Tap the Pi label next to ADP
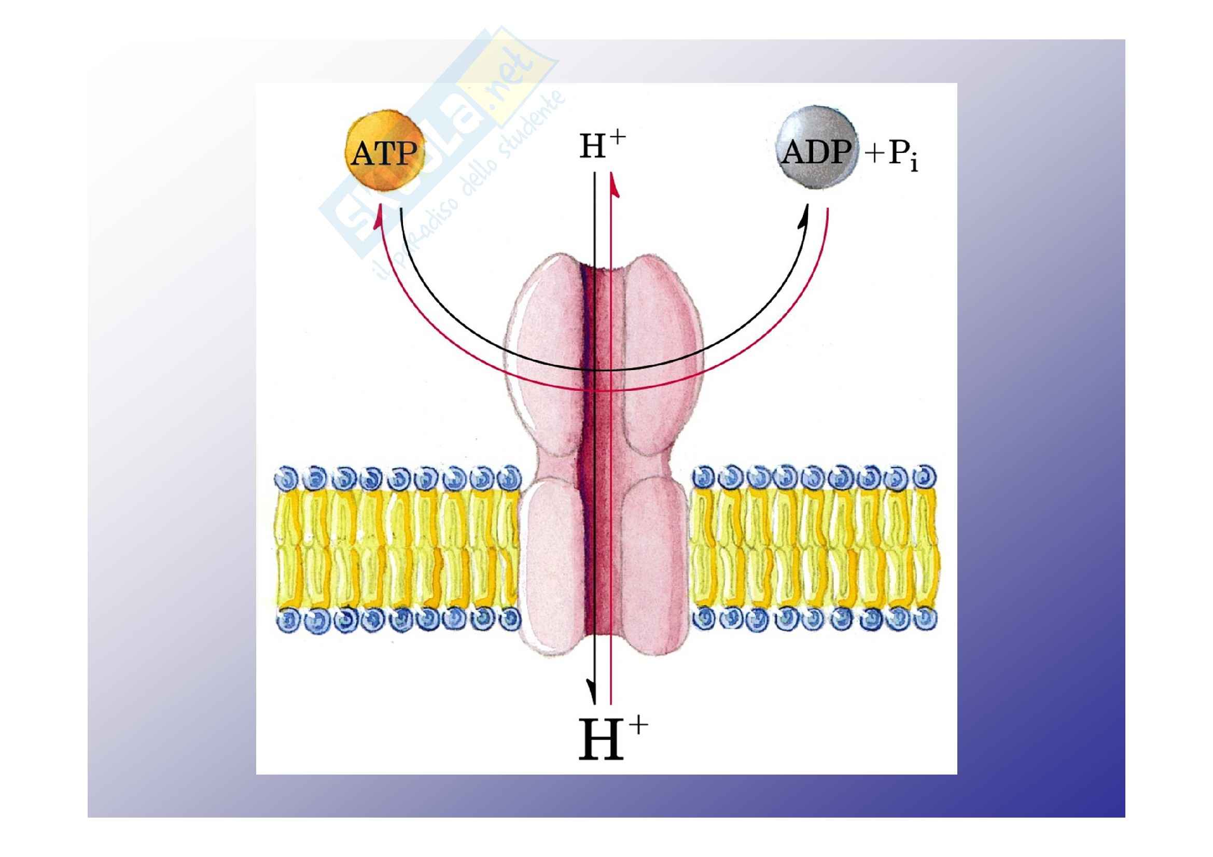(904, 156)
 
